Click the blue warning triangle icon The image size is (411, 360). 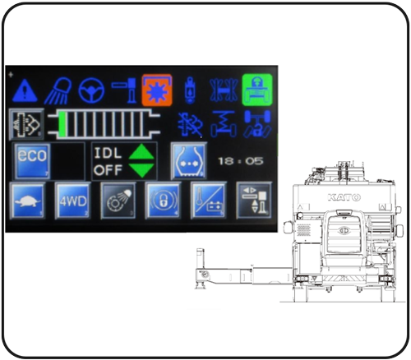coord(25,90)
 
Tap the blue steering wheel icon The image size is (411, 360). coord(91,90)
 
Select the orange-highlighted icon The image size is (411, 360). coord(157,90)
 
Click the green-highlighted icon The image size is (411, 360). coord(257,90)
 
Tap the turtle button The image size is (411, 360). coord(27,201)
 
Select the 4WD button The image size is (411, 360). coord(73,201)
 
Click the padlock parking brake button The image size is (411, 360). coord(163,201)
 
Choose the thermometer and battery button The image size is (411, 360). coord(209,201)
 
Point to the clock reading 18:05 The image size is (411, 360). coord(241,161)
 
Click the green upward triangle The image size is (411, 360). coord(141,152)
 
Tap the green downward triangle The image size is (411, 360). coord(141,170)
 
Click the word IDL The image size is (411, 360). coord(108,153)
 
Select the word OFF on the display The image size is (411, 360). coord(108,170)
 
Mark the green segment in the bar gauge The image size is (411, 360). coord(62,123)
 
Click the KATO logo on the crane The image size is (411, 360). coord(344,197)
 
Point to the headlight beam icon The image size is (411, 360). coord(58,90)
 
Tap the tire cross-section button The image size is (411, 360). coord(188,161)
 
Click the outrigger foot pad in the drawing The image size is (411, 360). coord(201,287)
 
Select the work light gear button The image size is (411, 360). coord(118,201)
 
